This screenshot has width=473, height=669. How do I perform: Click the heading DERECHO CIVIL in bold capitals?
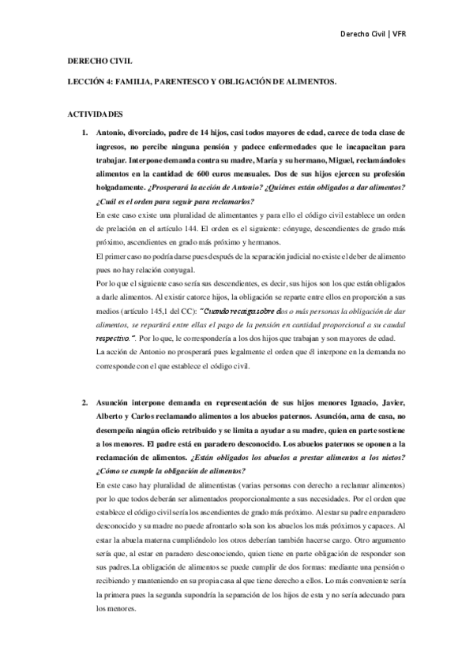pos(89,62)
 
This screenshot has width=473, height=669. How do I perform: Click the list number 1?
pos(85,133)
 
